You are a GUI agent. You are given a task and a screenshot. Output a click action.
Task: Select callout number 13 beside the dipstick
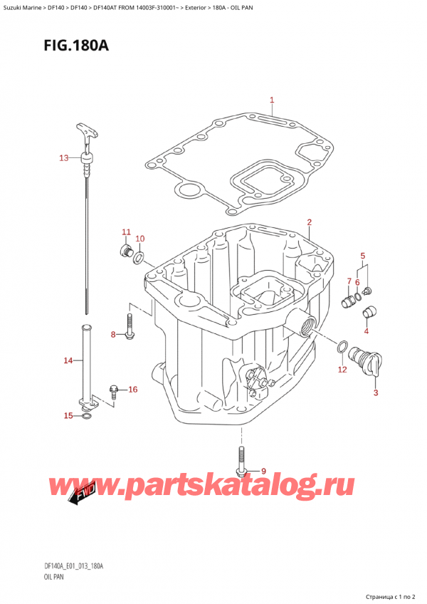click(x=64, y=157)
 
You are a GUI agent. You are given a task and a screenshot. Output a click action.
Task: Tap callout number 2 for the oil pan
click(x=310, y=222)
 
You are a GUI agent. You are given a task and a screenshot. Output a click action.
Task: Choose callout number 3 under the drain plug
click(x=376, y=392)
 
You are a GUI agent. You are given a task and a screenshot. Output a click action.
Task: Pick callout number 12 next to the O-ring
click(x=342, y=369)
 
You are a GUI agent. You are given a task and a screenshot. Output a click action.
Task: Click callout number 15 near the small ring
click(x=68, y=415)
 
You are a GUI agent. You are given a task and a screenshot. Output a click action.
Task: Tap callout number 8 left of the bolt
click(x=113, y=335)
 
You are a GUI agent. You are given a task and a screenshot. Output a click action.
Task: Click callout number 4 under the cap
click(x=367, y=330)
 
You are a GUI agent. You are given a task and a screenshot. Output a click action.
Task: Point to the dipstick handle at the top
click(x=84, y=132)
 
